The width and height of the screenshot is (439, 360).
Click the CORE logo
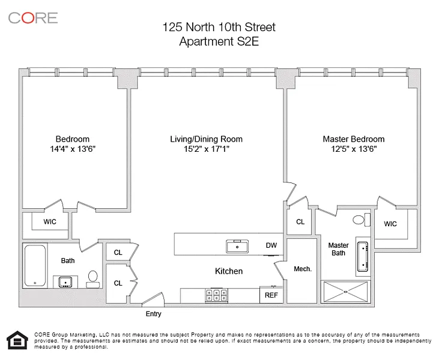coord(33,18)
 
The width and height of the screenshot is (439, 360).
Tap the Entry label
coord(153,314)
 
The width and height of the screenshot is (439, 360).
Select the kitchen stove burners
coord(216,295)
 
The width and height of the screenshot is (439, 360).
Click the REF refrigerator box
coord(271,295)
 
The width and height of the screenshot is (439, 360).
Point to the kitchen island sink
coord(237,247)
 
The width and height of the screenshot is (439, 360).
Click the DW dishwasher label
coord(271,245)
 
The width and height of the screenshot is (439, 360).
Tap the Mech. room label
coord(303,269)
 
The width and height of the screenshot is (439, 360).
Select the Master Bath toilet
coord(362,220)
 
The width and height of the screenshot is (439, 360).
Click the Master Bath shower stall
coord(346,292)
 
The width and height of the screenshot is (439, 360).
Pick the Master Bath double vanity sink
coord(363,257)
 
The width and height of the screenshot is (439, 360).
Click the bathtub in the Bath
coord(35,265)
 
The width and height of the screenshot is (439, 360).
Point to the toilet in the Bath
coord(92,279)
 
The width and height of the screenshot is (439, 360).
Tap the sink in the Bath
coord(65,282)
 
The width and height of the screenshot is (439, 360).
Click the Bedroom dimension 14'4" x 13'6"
coord(73,149)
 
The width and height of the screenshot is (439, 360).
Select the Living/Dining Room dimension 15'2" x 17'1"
coord(207,149)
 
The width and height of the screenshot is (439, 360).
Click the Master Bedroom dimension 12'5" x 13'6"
coord(354,149)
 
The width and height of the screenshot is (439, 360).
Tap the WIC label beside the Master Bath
coord(390,224)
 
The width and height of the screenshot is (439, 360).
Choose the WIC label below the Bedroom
coord(50,222)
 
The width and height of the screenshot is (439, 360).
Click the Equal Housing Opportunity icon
coord(17,340)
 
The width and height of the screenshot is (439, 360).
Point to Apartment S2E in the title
coord(219,41)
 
